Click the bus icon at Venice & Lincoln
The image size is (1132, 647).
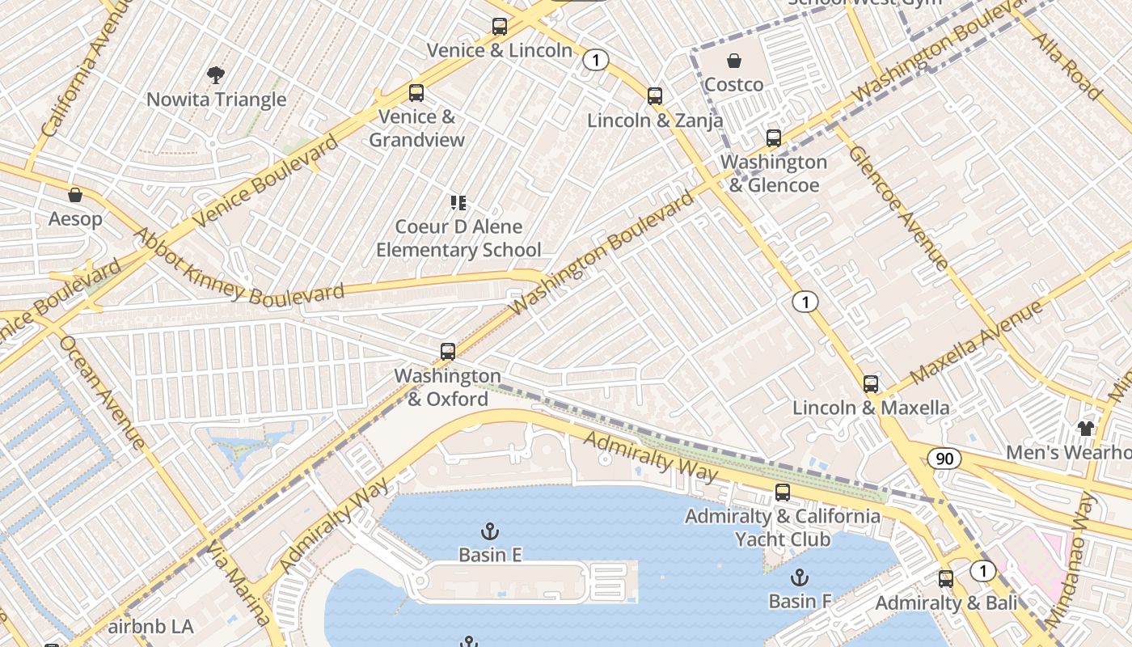tap(500, 27)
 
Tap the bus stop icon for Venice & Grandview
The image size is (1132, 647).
tap(416, 93)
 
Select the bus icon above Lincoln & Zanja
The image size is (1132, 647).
tap(655, 96)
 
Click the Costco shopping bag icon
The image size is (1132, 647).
tap(734, 61)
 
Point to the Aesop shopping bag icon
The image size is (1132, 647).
tap(75, 195)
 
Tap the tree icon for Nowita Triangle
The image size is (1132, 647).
tap(216, 75)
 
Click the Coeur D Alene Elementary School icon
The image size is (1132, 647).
tap(458, 203)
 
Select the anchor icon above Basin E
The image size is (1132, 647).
tap(489, 531)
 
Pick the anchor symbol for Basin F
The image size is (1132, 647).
tap(799, 577)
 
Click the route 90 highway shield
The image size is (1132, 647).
tap(944, 459)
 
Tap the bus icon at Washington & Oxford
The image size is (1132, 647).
tap(448, 352)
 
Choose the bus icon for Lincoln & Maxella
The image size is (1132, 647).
tap(871, 384)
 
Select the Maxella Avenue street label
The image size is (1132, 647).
tap(977, 342)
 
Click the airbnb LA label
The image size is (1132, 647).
tap(150, 627)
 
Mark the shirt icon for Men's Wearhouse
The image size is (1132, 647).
tap(1084, 428)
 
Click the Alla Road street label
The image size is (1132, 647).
tap(1067, 66)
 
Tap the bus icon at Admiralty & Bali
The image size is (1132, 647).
tap(946, 579)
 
